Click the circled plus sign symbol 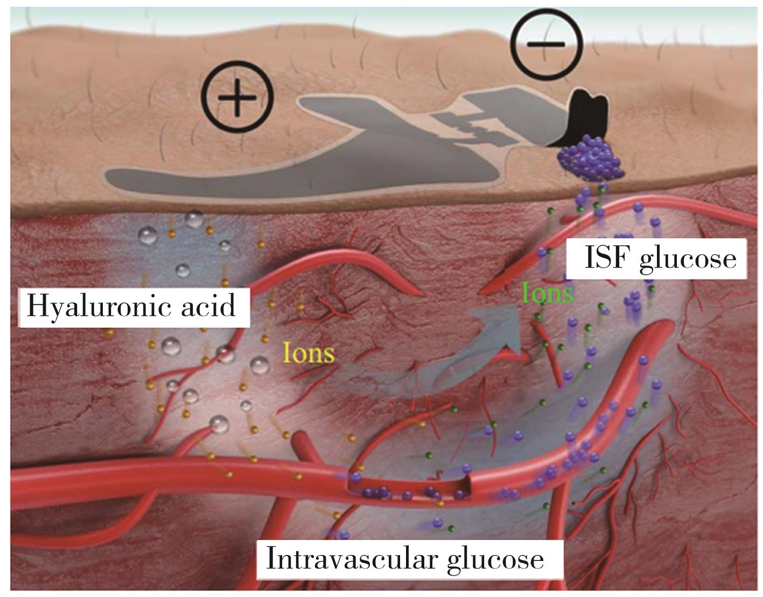pyautogui.click(x=237, y=98)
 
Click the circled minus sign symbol pyautogui.click(x=546, y=44)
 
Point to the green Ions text pyautogui.click(x=548, y=293)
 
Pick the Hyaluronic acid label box pyautogui.click(x=135, y=307)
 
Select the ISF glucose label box pyautogui.click(x=660, y=259)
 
